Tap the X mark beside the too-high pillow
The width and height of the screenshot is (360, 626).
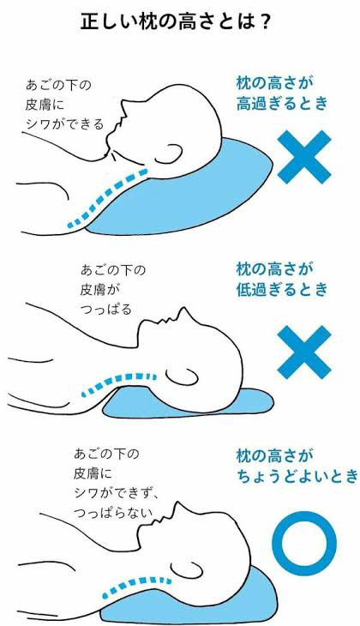pos(304,157)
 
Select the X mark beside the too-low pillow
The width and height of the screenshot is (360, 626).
pos(304,352)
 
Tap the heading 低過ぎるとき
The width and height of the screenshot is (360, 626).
pos(282,290)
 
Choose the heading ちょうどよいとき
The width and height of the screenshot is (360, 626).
pos(297,476)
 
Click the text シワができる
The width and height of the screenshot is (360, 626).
pos(64,124)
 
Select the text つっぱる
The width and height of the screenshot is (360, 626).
pos(105,310)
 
